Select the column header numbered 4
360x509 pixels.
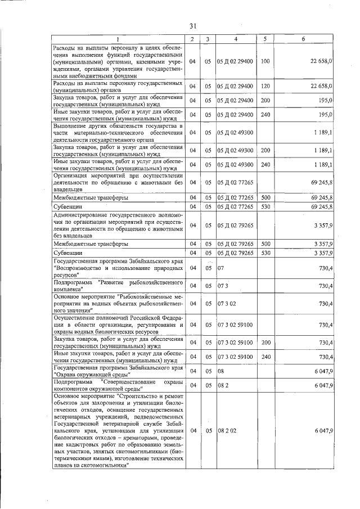[235, 39]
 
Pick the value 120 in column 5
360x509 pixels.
[265, 86]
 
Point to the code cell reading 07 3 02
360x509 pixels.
[226, 304]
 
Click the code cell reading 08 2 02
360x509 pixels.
[226, 430]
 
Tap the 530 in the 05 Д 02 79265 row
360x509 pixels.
[265, 253]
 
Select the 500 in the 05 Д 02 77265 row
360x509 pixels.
[265, 198]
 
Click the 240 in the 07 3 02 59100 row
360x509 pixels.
[265, 357]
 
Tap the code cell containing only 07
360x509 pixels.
[220, 268]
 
